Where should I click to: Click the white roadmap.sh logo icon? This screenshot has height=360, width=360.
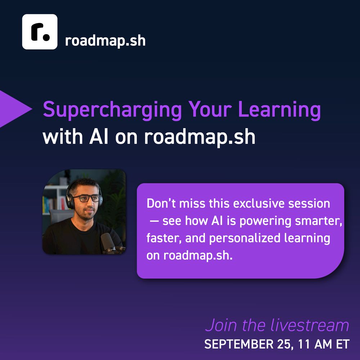pos(40,32)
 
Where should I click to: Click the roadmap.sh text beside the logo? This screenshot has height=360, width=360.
pos(105,41)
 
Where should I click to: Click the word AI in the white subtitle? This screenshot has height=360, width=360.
pos(99,137)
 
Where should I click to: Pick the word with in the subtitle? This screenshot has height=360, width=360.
pos(62,137)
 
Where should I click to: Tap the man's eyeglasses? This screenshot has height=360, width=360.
pos(86,198)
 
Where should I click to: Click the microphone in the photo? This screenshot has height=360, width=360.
pos(109,243)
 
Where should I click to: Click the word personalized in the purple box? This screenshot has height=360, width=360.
pos(245,238)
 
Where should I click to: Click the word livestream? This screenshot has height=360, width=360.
pos(310,325)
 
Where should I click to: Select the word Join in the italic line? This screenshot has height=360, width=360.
pos(221,325)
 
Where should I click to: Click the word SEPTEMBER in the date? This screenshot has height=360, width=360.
pos(239,344)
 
